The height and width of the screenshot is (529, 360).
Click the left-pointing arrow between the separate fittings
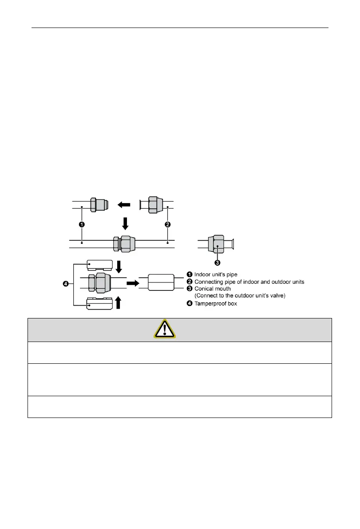pos(124,205)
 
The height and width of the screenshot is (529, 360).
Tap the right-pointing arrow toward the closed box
pos(133,282)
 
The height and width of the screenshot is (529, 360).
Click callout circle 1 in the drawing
pos(81,224)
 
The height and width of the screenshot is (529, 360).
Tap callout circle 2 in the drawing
pos(167,224)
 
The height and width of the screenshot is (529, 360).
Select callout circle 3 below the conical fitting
pos(218,263)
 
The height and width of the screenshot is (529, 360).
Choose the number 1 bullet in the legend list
pos(188,275)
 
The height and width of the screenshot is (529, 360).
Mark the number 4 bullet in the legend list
pos(188,303)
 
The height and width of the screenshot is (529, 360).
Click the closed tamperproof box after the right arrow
pos(160,282)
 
